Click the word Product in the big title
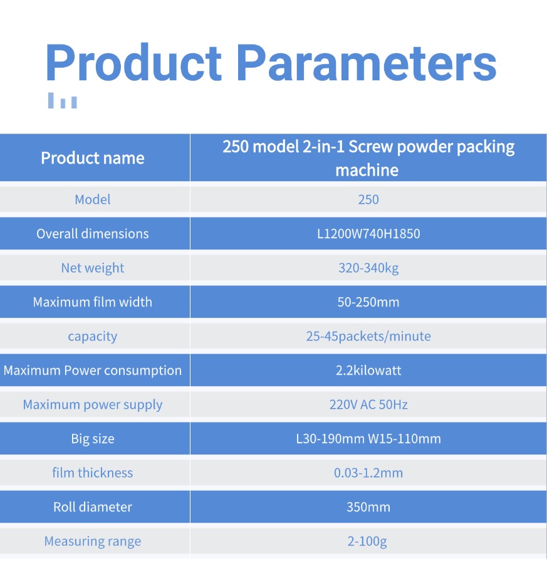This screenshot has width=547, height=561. pos(133,63)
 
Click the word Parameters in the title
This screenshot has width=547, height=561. pos(367,63)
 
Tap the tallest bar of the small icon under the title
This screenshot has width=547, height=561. pos(51,100)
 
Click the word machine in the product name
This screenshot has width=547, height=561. pos(367,170)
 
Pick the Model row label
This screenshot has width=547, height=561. pos(92,199)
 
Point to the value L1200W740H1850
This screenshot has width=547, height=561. pos(368,234)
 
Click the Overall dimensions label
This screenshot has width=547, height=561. pos(92,234)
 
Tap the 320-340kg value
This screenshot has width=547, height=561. pos(368,268)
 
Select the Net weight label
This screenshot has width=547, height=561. pos(92,268)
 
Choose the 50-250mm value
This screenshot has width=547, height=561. pos(368,302)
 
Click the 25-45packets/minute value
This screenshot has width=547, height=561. pos(368,337)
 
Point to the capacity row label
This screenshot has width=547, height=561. pos(92,337)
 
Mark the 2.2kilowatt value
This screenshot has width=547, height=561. pos(368,370)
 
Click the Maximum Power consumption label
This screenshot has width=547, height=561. pos(92,370)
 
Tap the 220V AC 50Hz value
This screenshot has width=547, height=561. pos(368,405)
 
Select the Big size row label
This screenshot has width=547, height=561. pos(92,439)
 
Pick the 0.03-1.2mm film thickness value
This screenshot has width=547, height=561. pos(368,473)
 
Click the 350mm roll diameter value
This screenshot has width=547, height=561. pos(368,507)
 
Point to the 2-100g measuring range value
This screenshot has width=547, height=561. pos(367,542)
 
